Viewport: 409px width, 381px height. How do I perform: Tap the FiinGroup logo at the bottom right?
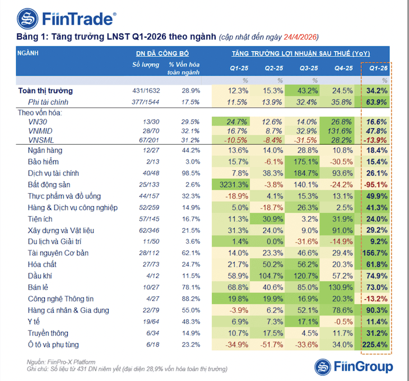(353, 367)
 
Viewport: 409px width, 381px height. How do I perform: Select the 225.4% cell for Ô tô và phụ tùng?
(375, 345)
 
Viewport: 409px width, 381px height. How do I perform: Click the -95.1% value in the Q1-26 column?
(375, 184)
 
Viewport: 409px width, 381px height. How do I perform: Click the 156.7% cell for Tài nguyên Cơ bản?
(375, 253)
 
